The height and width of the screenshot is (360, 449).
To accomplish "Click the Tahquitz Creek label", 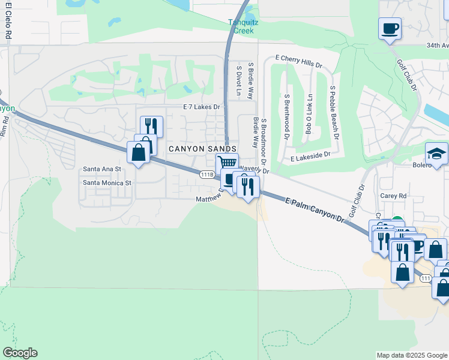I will pyautogui.click(x=243, y=26).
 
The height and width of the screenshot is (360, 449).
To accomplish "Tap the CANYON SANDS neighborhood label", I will pyautogui.click(x=202, y=148).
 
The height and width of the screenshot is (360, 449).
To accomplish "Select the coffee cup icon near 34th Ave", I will pyautogui.click(x=390, y=28).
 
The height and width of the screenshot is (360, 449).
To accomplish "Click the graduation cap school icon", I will pyautogui.click(x=436, y=154).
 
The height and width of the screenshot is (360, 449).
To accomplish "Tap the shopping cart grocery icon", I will pyautogui.click(x=227, y=163).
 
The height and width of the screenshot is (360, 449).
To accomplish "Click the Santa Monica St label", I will pyautogui.click(x=107, y=182).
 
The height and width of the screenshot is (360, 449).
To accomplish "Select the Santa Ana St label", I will pyautogui.click(x=102, y=170).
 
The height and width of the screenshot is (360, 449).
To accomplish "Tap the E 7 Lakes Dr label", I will pyautogui.click(x=202, y=107).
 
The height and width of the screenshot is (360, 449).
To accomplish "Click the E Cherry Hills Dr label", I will pyautogui.click(x=298, y=61).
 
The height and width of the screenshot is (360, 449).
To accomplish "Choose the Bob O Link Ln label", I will pyautogui.click(x=309, y=114).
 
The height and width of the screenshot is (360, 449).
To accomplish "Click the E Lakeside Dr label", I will pyautogui.click(x=310, y=155).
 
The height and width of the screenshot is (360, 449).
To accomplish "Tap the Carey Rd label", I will pyautogui.click(x=393, y=196).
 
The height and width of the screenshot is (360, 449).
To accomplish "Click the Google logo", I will pyautogui.click(x=20, y=353).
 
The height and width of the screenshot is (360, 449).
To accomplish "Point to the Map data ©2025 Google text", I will pyautogui.click(x=411, y=355).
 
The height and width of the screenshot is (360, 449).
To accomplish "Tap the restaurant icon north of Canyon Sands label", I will pyautogui.click(x=151, y=126).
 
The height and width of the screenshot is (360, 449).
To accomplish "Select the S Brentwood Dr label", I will pyautogui.click(x=287, y=114).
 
